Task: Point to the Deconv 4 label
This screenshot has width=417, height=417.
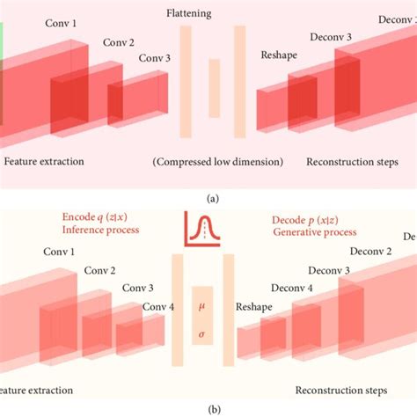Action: [292, 289]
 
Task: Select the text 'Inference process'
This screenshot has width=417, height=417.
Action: [101, 230]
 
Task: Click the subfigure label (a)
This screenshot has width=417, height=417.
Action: [212, 199]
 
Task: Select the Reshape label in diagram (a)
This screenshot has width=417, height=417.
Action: [278, 55]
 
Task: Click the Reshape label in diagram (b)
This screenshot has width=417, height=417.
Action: [252, 306]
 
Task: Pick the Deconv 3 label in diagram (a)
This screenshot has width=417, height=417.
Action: [331, 37]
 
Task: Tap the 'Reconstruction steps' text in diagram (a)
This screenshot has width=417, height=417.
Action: [352, 162]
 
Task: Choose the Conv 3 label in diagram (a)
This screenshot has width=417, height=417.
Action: [155, 59]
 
